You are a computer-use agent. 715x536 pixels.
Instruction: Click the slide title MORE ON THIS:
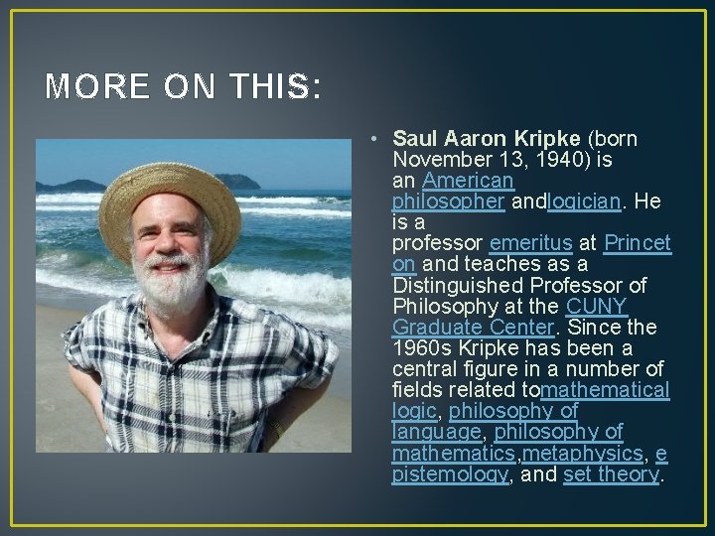184,88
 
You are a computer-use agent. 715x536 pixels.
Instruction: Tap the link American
468,181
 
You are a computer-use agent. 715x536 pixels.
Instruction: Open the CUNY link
597,307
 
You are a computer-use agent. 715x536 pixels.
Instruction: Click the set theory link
611,474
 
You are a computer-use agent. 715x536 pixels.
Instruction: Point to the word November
440,159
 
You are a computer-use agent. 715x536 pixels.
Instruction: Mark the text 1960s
422,348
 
